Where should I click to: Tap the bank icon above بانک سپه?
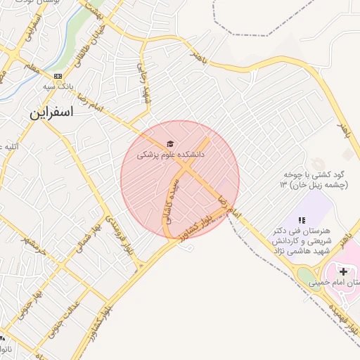[58, 76]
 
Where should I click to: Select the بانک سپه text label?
[58, 86]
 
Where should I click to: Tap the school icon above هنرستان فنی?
[302, 221]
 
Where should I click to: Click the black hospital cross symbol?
[343, 271]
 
